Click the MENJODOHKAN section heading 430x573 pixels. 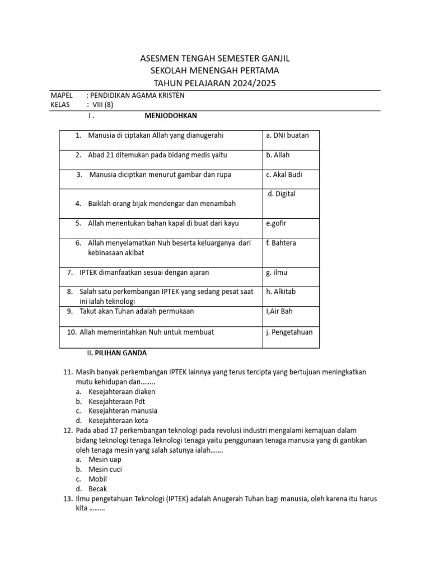tap(171, 116)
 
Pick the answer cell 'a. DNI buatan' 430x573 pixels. tap(287, 135)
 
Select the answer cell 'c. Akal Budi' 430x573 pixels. tap(284, 175)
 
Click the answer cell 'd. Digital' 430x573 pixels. tap(282, 194)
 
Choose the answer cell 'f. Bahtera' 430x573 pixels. tap(281, 243)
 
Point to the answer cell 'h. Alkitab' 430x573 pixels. tap(281, 292)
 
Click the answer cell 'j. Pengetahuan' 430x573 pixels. tap(289, 332)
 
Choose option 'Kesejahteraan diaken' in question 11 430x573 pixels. tap(121, 392)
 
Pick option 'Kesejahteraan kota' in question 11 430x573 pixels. tap(118, 420)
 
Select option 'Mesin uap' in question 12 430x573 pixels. tap(105, 459)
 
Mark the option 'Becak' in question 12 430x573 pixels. tap(97, 489)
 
